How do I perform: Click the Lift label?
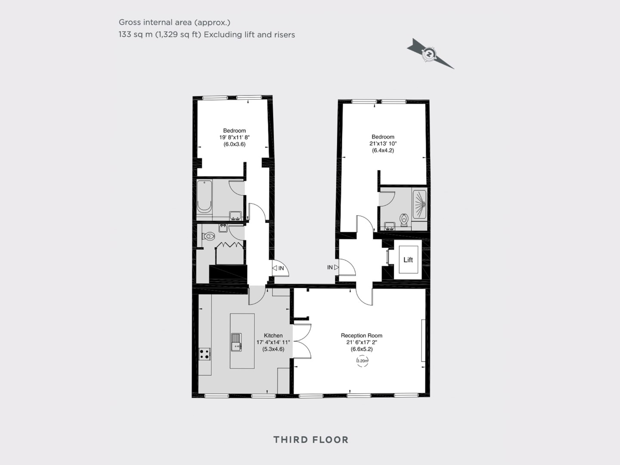click(408, 260)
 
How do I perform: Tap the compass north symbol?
click(429, 54)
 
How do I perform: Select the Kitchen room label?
click(273, 335)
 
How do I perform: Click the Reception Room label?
click(362, 335)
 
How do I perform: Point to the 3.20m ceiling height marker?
click(363, 361)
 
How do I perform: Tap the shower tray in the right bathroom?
click(420, 204)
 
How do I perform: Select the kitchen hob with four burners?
click(205, 354)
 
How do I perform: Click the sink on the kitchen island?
click(236, 342)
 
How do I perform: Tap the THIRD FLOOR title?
click(311, 440)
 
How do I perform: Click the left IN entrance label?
click(281, 268)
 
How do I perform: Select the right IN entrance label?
click(330, 267)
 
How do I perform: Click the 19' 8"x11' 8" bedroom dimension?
click(235, 137)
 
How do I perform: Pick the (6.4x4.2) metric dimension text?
click(383, 150)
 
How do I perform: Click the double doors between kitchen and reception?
click(302, 341)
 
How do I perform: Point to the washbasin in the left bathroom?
click(235, 215)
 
